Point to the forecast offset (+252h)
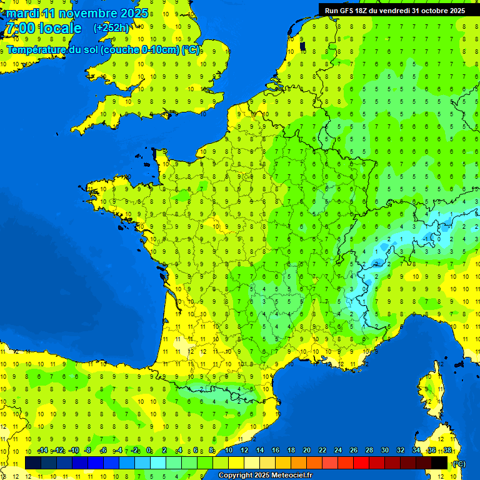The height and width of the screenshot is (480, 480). click(x=111, y=27)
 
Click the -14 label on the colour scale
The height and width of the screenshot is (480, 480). click(x=42, y=451)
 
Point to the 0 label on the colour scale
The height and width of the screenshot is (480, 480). click(x=149, y=451)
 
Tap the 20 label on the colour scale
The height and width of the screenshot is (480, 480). click(x=306, y=451)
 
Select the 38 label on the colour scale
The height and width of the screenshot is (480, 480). click(x=447, y=451)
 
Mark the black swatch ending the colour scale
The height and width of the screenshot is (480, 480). click(x=439, y=462)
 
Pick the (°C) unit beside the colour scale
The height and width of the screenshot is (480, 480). click(x=459, y=463)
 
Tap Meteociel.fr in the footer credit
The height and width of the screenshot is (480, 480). click(x=291, y=476)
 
